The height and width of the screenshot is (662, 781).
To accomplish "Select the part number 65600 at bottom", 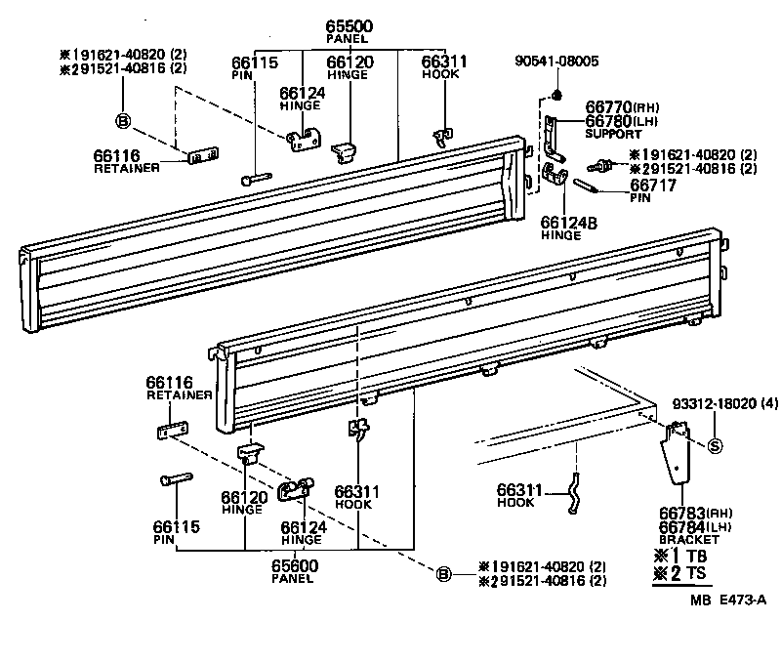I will point(294,565).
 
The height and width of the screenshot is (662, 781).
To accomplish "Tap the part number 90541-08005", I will point(556,62).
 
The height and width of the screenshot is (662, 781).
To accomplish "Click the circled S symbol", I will point(714,447).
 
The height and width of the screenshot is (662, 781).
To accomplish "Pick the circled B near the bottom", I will point(444,574).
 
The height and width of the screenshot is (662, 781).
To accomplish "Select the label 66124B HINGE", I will point(568,227).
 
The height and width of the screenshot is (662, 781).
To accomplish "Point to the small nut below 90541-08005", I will point(555,95).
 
